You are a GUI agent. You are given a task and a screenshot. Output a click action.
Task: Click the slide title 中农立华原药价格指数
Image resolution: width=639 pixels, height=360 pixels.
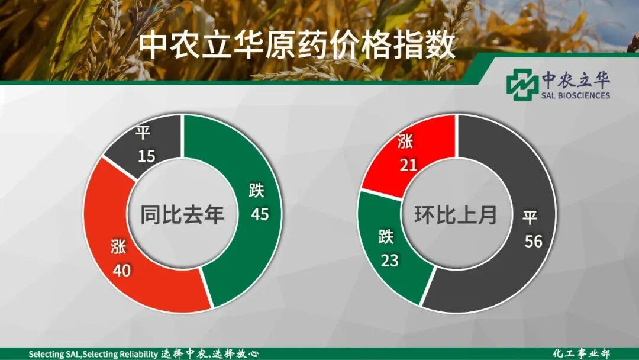click(298, 44)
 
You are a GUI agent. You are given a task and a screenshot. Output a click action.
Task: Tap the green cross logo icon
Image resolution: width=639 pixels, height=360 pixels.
click(522, 84)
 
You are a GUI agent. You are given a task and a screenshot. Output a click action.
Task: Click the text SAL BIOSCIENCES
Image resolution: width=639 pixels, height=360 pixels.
click(576, 95)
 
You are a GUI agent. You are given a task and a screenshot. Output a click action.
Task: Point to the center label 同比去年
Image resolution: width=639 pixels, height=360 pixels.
click(182, 214)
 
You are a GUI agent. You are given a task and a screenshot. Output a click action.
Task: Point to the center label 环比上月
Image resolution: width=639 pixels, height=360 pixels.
click(456, 214)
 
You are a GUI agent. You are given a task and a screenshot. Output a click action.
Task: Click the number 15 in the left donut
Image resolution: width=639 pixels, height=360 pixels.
click(146, 156)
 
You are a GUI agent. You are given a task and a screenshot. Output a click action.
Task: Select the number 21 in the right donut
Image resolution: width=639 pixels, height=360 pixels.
click(408, 164)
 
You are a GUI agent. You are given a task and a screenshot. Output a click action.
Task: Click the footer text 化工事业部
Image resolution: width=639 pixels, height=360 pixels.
click(581, 353)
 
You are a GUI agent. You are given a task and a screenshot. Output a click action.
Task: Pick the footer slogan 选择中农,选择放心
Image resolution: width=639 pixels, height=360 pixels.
click(210, 354)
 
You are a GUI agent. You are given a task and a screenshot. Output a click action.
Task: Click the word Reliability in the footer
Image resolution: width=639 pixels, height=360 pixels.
click(137, 354)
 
